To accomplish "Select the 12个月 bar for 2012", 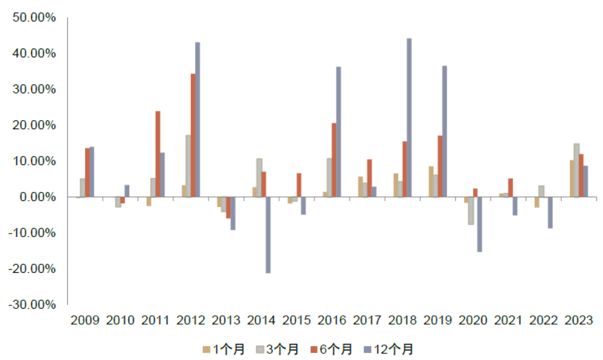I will [197, 120].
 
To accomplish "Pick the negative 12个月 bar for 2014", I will [268, 235].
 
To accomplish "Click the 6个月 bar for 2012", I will [193, 135].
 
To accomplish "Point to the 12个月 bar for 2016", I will [338, 132].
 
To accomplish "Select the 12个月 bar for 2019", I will [444, 131].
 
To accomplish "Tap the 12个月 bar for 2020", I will [479, 224].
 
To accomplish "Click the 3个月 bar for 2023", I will [577, 170].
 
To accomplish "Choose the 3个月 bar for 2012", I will [188, 166].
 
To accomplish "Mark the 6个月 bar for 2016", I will [334, 160].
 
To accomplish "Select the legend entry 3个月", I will [278, 349].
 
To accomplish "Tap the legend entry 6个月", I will [332, 349].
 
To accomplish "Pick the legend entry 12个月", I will [388, 349].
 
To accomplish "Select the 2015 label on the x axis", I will [296, 320].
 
